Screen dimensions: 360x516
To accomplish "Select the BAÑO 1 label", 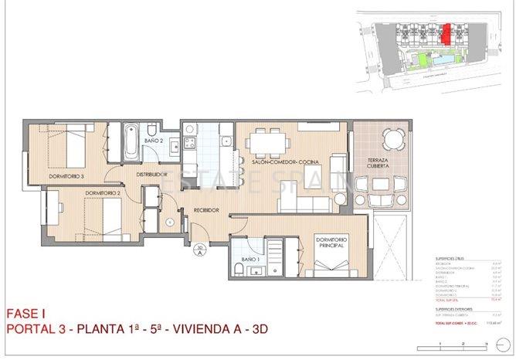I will pyautogui.click(x=249, y=258).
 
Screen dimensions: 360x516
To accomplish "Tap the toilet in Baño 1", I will pyautogui.click(x=240, y=269).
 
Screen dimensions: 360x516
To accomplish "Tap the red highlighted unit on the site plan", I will pyautogui.click(x=445, y=32).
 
